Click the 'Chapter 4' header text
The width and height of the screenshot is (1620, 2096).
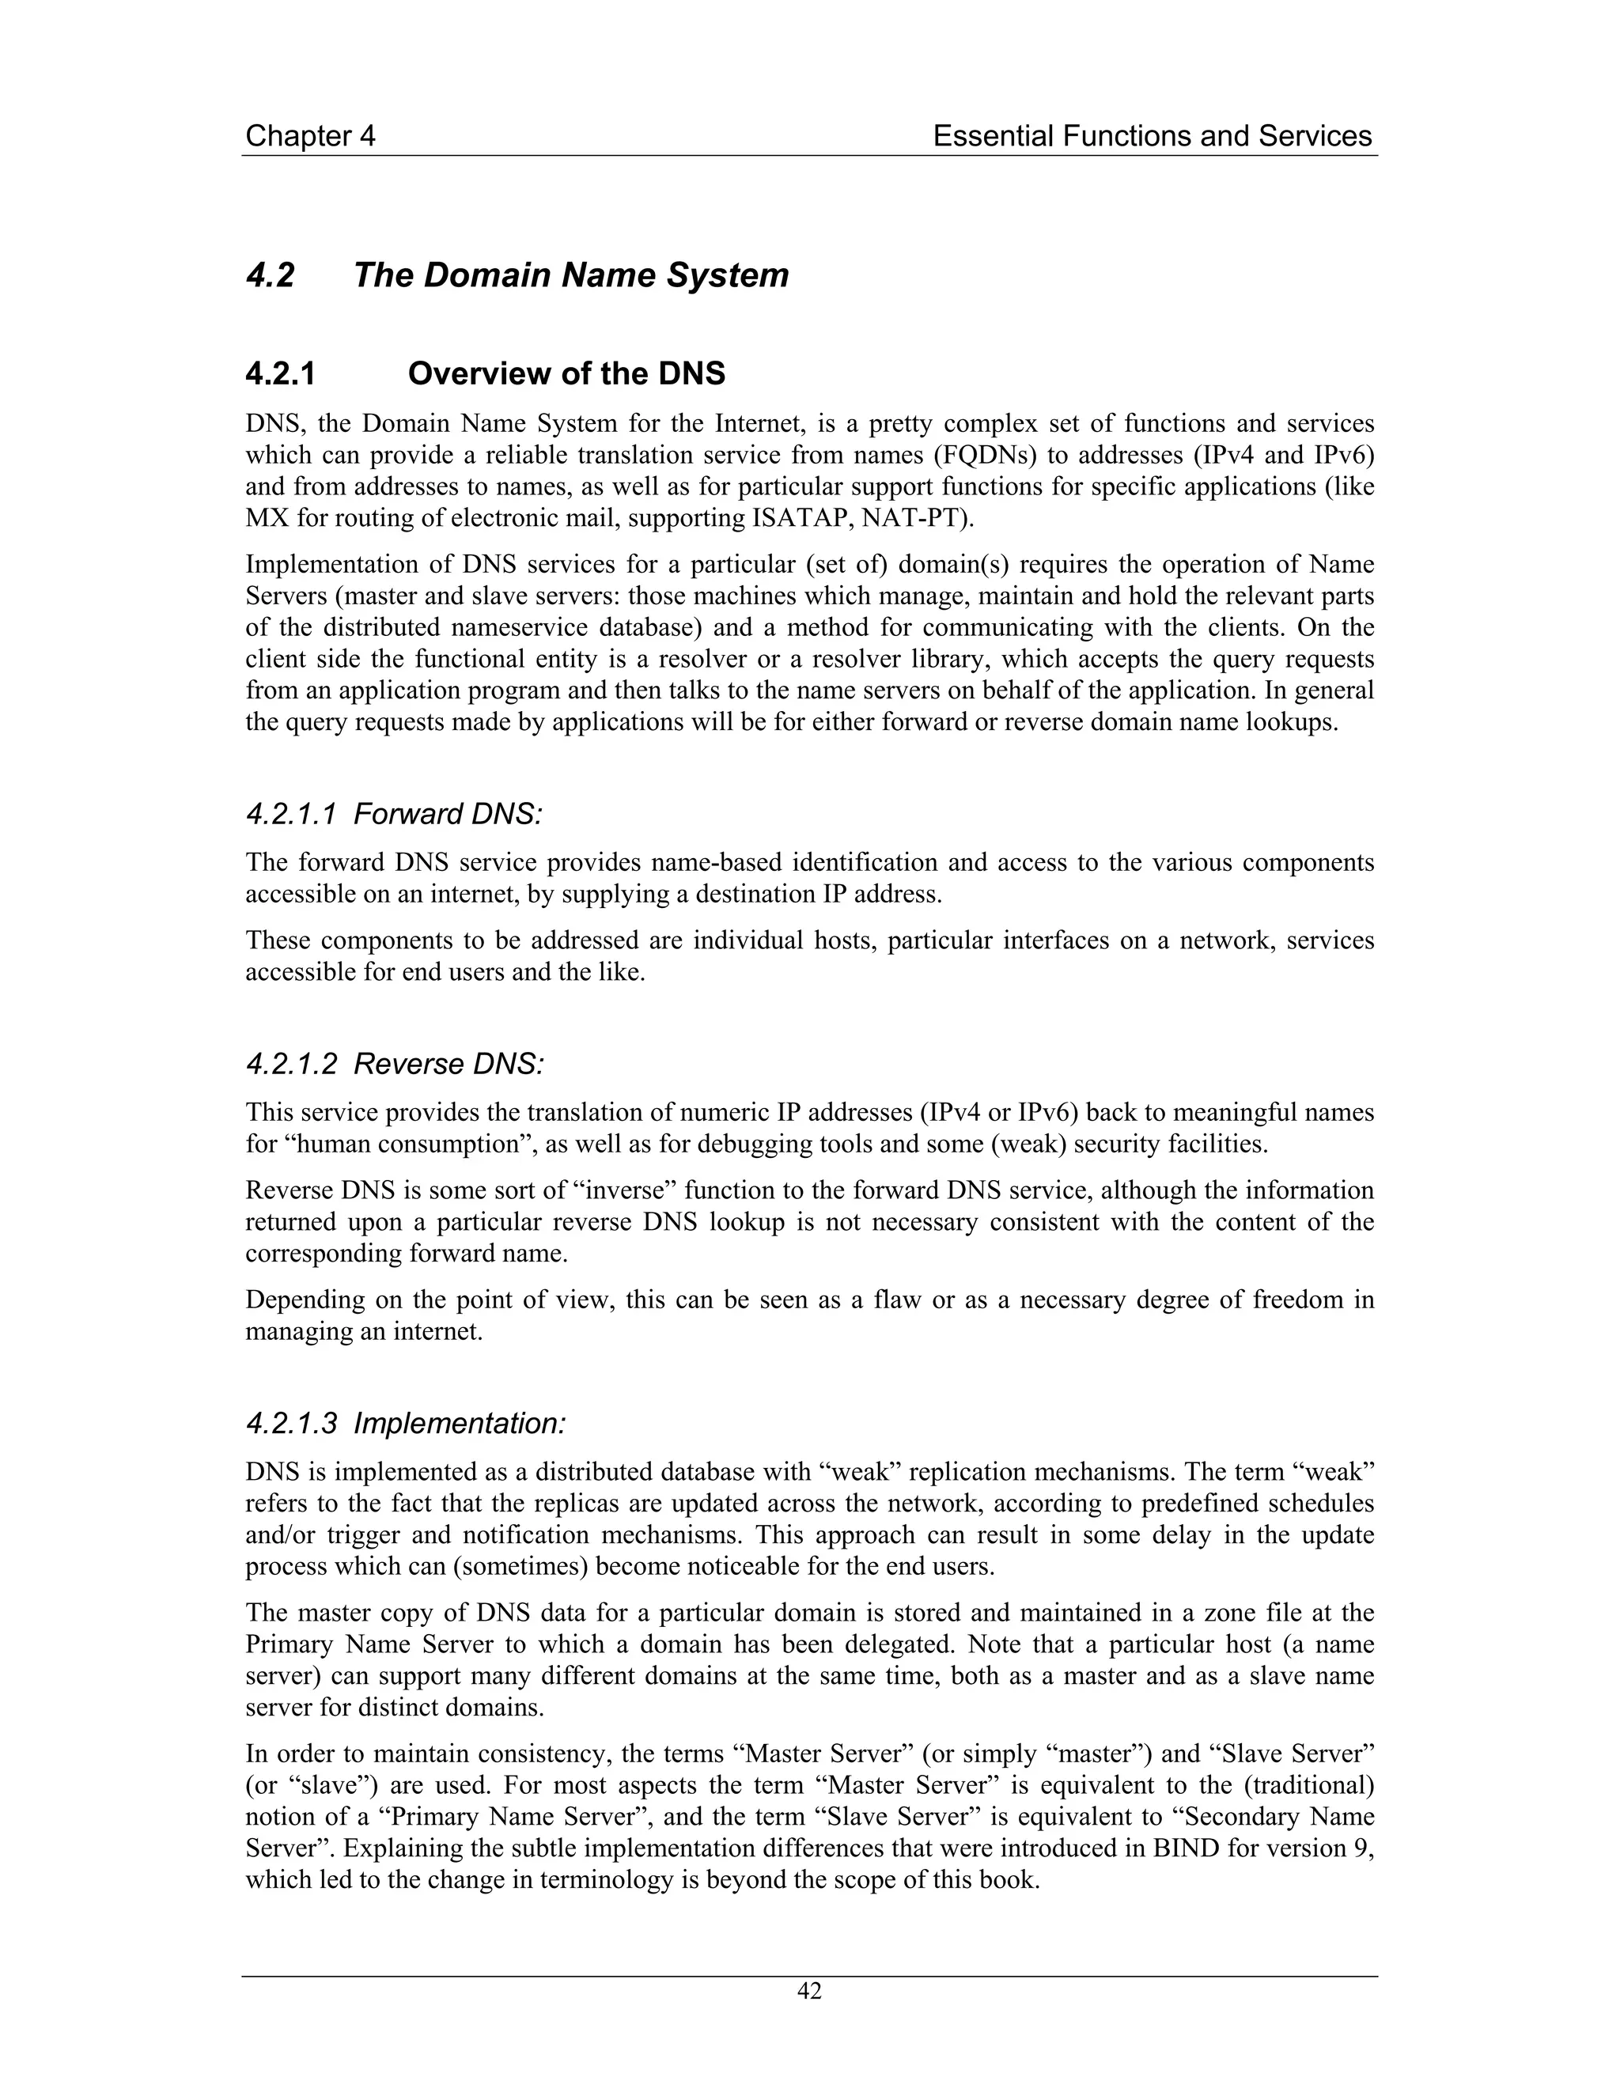click(x=310, y=136)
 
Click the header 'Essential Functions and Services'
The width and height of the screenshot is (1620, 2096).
click(x=1152, y=136)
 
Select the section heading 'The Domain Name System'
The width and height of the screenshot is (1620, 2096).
click(x=571, y=275)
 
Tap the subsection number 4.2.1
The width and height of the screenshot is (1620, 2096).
click(x=280, y=373)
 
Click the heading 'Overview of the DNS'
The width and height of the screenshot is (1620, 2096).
click(x=566, y=373)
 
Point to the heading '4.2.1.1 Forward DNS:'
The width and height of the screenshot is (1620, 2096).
click(x=393, y=815)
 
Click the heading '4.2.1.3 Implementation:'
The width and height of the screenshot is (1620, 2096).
click(x=405, y=1423)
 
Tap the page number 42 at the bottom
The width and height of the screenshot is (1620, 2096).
click(x=809, y=1992)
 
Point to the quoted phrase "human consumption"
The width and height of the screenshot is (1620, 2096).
click(x=392, y=1144)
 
